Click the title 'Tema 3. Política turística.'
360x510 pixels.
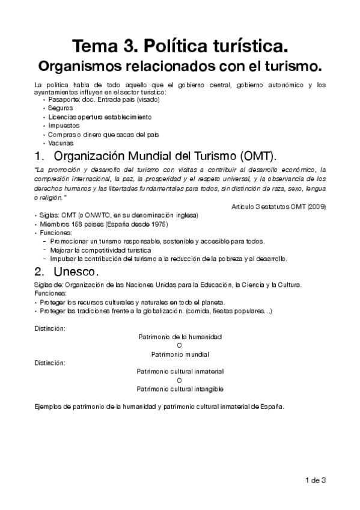(x=180, y=46)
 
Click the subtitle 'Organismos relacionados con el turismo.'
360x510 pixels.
(x=180, y=64)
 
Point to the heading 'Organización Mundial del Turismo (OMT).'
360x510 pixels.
(x=166, y=157)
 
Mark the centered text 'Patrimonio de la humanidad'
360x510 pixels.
(x=180, y=337)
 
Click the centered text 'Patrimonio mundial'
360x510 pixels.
(x=180, y=354)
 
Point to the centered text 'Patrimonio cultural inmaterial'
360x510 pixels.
(x=180, y=372)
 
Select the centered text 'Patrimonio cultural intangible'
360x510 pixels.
(x=180, y=389)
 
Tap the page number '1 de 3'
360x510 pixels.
(x=315, y=479)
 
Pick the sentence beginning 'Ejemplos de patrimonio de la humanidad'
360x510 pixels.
(x=159, y=406)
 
